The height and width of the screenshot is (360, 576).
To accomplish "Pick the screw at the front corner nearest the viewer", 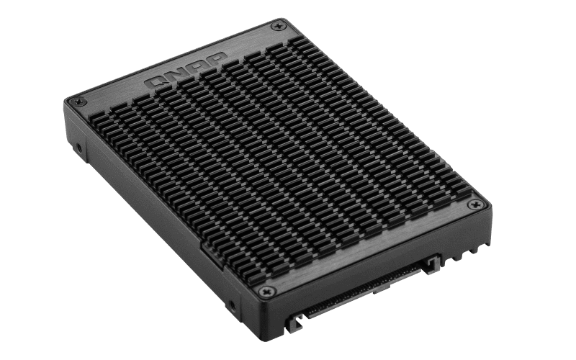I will pyautogui.click(x=266, y=291).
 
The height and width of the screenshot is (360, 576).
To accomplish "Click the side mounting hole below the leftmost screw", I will pyautogui.click(x=78, y=150).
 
